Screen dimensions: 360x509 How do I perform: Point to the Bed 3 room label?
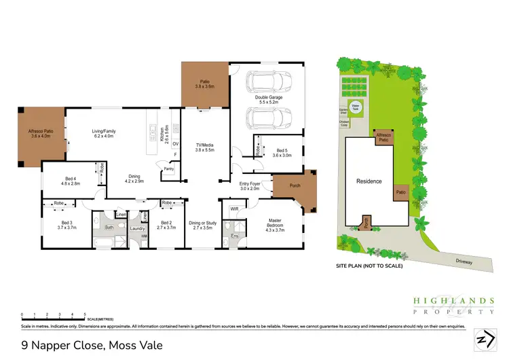tap(66, 225)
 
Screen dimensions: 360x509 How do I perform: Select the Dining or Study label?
tap(203, 225)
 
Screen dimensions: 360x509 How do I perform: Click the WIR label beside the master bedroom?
tap(234, 209)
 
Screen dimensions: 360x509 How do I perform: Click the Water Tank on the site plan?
tap(355, 107)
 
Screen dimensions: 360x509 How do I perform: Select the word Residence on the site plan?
tap(369, 181)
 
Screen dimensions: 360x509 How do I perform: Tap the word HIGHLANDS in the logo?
tap(453, 300)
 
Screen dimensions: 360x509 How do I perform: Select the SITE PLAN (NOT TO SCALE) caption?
tap(369, 266)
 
